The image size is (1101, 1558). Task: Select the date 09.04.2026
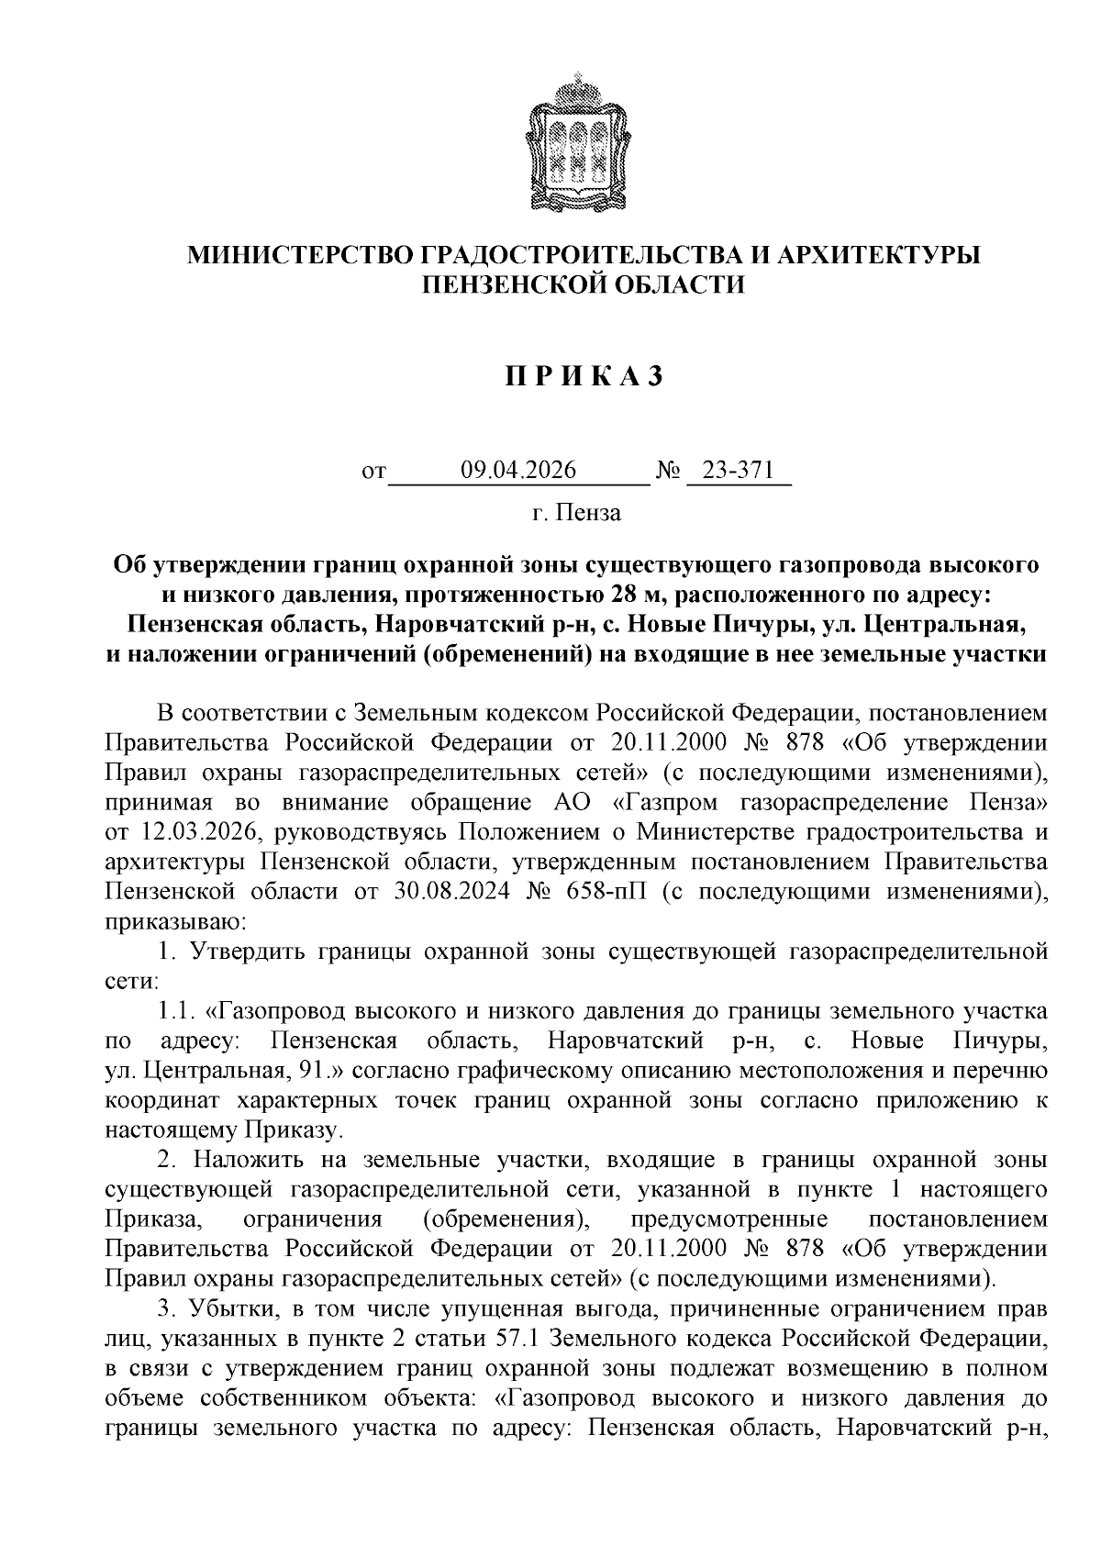(x=518, y=472)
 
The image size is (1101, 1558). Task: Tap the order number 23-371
(x=740, y=472)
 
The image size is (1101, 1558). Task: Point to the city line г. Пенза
(x=575, y=513)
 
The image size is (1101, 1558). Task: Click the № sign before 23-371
(x=669, y=473)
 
